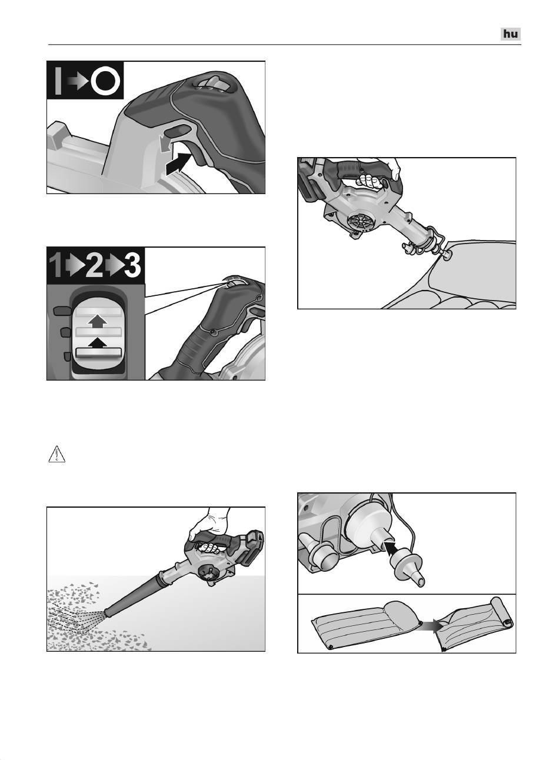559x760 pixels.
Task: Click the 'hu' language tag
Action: pos(511,34)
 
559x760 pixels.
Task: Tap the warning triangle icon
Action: pos(56,454)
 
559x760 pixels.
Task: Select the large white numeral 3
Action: pos(132,266)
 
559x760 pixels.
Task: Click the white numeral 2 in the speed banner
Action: pos(94,266)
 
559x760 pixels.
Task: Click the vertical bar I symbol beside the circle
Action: pos(58,81)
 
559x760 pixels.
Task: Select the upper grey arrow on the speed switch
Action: pos(98,321)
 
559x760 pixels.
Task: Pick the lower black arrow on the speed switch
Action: pos(98,343)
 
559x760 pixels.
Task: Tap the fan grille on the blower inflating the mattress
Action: pos(361,224)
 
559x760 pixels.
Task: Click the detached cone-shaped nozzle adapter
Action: pos(407,569)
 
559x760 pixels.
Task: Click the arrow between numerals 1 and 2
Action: pos(75,266)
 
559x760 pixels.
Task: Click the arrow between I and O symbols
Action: pos(78,81)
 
